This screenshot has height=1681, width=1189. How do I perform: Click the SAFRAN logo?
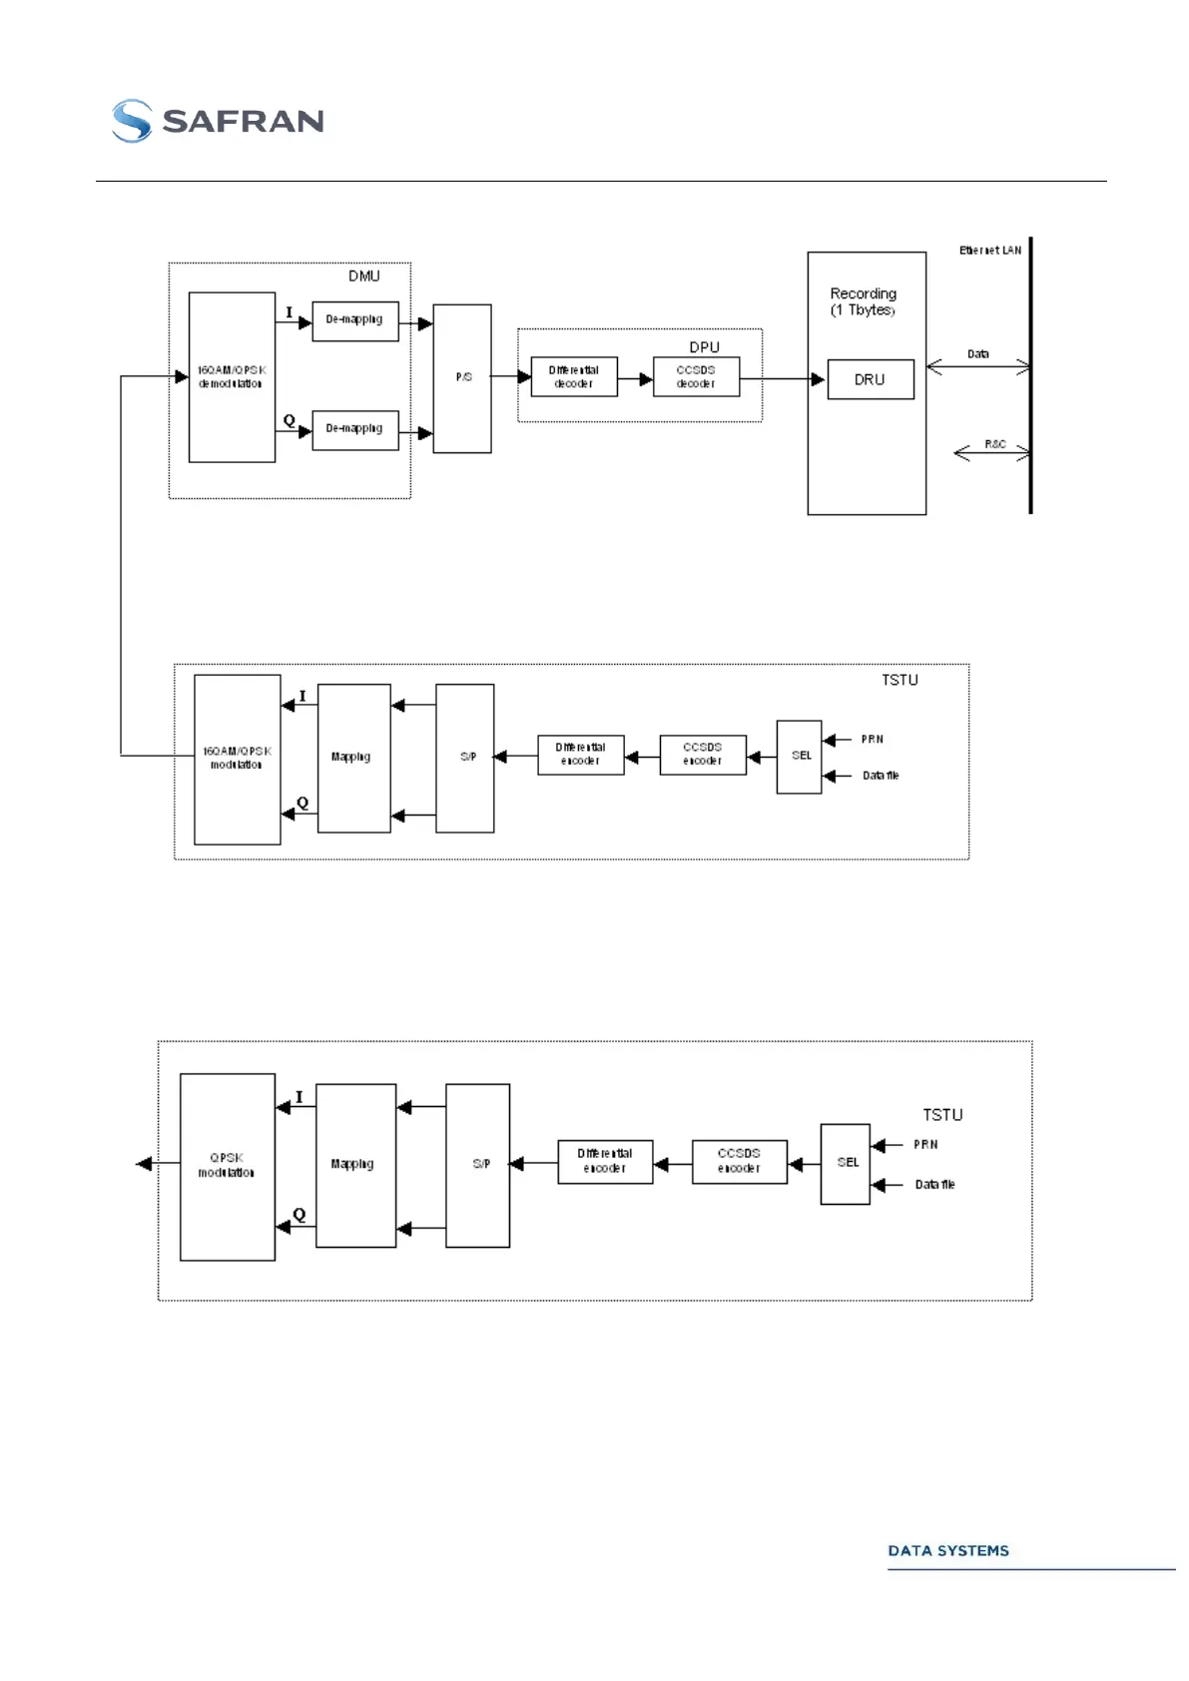[218, 121]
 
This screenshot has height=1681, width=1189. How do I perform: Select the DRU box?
[871, 379]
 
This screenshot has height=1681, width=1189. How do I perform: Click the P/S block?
[462, 378]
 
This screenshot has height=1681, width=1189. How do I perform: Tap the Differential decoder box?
[574, 377]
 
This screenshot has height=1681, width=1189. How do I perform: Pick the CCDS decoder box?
[696, 377]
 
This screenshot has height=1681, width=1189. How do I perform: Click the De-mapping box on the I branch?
[354, 320]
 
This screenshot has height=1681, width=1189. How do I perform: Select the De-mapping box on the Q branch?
[354, 429]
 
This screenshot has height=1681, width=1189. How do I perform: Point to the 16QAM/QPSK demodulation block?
[232, 377]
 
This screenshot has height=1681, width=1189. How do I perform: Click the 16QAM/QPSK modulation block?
[237, 759]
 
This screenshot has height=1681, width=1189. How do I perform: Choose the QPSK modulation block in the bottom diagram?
[227, 1166]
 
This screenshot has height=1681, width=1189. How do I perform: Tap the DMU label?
[363, 277]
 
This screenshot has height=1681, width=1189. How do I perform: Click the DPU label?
[704, 347]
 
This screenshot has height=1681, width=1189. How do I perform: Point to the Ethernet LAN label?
[990, 251]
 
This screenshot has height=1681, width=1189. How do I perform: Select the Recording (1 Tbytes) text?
[864, 301]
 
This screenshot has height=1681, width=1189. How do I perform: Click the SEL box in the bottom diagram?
[846, 1163]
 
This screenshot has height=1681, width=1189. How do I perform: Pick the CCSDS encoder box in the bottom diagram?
[739, 1161]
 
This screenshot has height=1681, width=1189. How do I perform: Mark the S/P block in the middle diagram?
[465, 758]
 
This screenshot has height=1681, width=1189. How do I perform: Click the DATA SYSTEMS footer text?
[948, 1550]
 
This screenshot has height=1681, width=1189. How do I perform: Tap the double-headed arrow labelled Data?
[978, 367]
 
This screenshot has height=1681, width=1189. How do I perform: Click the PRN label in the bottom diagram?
[925, 1145]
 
